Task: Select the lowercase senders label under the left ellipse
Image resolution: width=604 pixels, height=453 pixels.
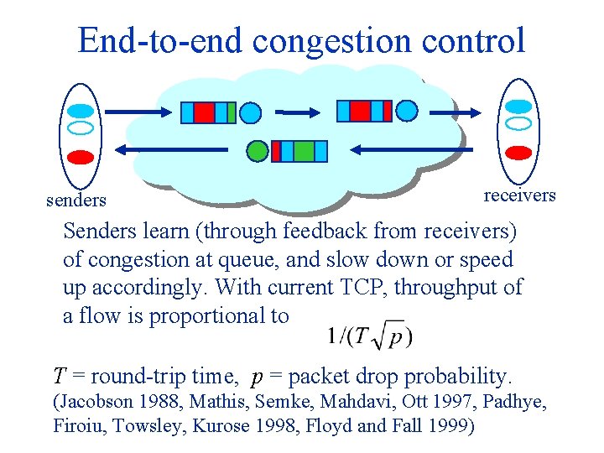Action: [76, 200]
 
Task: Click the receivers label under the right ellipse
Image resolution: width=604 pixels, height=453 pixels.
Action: [520, 195]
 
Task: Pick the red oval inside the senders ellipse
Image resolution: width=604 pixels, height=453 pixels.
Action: [81, 156]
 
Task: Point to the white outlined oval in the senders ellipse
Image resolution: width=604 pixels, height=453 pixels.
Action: [81, 128]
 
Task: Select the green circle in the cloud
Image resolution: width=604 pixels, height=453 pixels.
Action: [258, 151]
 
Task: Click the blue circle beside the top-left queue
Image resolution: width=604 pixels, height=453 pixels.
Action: [250, 112]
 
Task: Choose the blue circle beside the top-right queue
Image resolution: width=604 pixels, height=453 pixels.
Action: [406, 110]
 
